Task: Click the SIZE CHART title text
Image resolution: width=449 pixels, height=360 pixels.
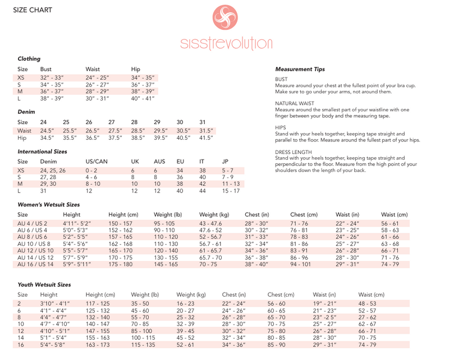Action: point(33,10)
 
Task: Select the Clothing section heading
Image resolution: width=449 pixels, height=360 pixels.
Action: point(29,58)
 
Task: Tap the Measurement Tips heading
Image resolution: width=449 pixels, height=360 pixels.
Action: point(300,69)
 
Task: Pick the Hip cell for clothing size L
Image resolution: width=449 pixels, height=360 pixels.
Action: point(143,98)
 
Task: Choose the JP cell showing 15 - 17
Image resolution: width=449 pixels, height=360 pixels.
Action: point(231,191)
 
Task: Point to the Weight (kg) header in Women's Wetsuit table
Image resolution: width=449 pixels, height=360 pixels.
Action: point(214,215)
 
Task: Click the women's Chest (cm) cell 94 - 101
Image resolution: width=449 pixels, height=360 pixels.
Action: point(304,264)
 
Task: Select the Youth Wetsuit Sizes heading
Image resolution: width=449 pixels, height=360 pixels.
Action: point(44,285)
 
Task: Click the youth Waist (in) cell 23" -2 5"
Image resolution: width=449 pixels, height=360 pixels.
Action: point(325,317)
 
